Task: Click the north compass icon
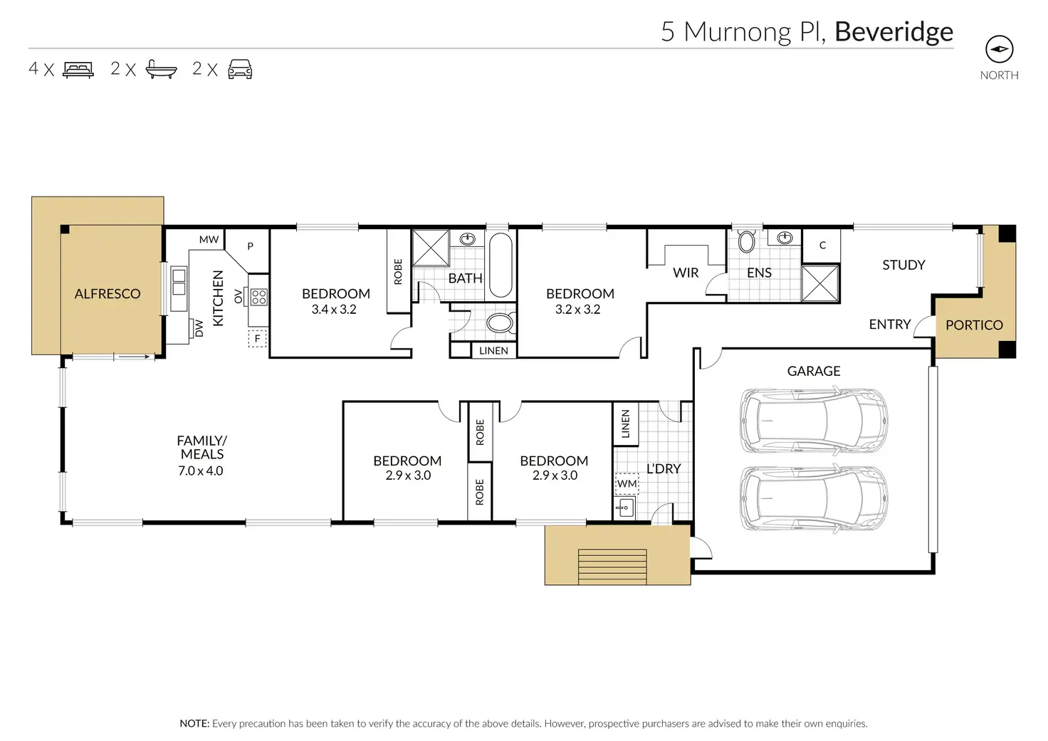pyautogui.click(x=999, y=49)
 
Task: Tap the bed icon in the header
pyautogui.click(x=78, y=70)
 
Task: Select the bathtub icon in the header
pyautogui.click(x=161, y=69)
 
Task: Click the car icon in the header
pyautogui.click(x=240, y=69)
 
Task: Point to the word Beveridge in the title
pyautogui.click(x=894, y=32)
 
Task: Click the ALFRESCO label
pyautogui.click(x=108, y=294)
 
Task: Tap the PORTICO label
pyautogui.click(x=974, y=325)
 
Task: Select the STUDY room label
pyautogui.click(x=903, y=266)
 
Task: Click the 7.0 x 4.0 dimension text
pyautogui.click(x=201, y=471)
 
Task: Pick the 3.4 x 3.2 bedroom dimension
pyautogui.click(x=334, y=309)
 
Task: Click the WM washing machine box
pyautogui.click(x=627, y=484)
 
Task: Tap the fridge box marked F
pyautogui.click(x=257, y=338)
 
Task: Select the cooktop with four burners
pyautogui.click(x=258, y=297)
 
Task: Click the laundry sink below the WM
pyautogui.click(x=625, y=507)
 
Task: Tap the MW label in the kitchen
pyautogui.click(x=209, y=239)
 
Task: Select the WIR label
pyautogui.click(x=686, y=273)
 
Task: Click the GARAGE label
pyautogui.click(x=814, y=371)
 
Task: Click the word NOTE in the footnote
pyautogui.click(x=194, y=724)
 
